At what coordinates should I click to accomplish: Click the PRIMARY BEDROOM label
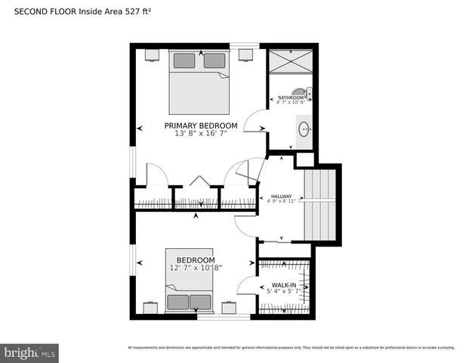[x=201, y=126]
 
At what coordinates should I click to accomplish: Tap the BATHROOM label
[x=291, y=98]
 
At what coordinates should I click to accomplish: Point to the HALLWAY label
[x=281, y=196]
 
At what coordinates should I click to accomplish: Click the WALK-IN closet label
[x=284, y=286]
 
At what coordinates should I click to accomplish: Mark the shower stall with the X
[x=290, y=60]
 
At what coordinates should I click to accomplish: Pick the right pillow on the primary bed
[x=214, y=60]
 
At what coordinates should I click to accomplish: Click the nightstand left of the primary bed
[x=152, y=54]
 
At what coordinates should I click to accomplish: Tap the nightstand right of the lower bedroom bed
[x=229, y=307]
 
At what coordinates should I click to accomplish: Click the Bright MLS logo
[x=29, y=352]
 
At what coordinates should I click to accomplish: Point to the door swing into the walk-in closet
[x=246, y=286]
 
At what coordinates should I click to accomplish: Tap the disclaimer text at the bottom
[x=291, y=348]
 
